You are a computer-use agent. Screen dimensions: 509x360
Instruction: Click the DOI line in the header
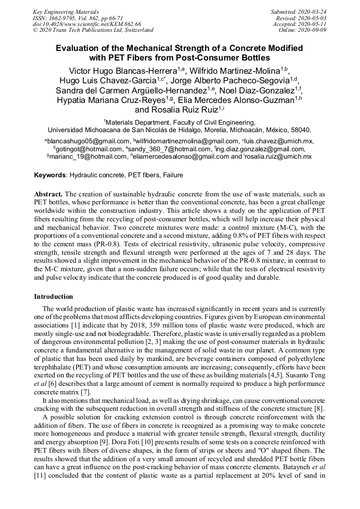tap(87, 24)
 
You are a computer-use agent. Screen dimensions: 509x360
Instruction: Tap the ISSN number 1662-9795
tap(70, 18)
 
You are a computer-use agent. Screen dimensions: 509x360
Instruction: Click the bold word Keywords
tap(50, 175)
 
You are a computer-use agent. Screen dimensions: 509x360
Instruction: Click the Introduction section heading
tap(54, 296)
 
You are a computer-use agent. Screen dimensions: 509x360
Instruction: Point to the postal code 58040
tap(301, 130)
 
